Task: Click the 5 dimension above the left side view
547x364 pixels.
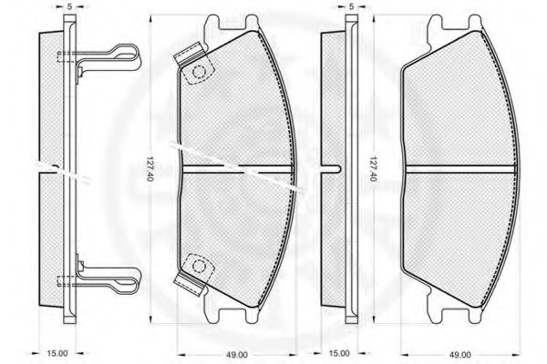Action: (x=70, y=6)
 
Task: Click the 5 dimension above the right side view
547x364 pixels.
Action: (x=351, y=6)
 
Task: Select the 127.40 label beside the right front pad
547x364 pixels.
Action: (x=372, y=169)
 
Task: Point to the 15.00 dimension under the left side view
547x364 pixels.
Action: (x=57, y=353)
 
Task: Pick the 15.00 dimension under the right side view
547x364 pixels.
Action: (x=339, y=353)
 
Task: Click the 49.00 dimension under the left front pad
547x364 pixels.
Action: (x=237, y=355)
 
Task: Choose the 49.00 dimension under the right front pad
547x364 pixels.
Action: (x=459, y=355)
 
